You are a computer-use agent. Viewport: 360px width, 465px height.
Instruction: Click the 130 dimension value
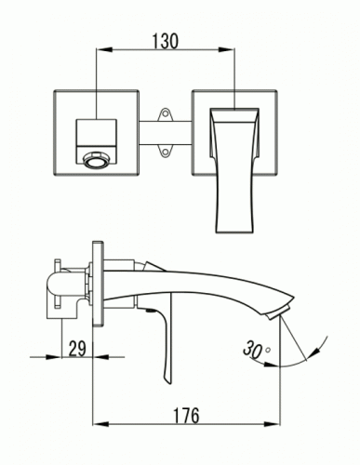[166, 41]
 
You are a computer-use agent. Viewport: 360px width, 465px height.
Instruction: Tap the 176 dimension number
[186, 416]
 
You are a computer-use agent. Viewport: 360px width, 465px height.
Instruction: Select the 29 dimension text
[77, 349]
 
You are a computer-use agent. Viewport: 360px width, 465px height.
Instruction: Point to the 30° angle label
[256, 349]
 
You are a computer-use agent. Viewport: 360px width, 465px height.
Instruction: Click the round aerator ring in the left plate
[97, 162]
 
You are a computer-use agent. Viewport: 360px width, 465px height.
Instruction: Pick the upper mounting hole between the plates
[165, 113]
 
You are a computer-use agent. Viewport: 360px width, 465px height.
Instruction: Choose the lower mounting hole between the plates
[165, 152]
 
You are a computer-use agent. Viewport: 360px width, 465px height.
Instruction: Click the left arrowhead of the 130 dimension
[104, 49]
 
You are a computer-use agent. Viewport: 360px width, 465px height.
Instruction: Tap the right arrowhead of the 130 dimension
[227, 49]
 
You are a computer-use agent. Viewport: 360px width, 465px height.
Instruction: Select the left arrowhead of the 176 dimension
[100, 424]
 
